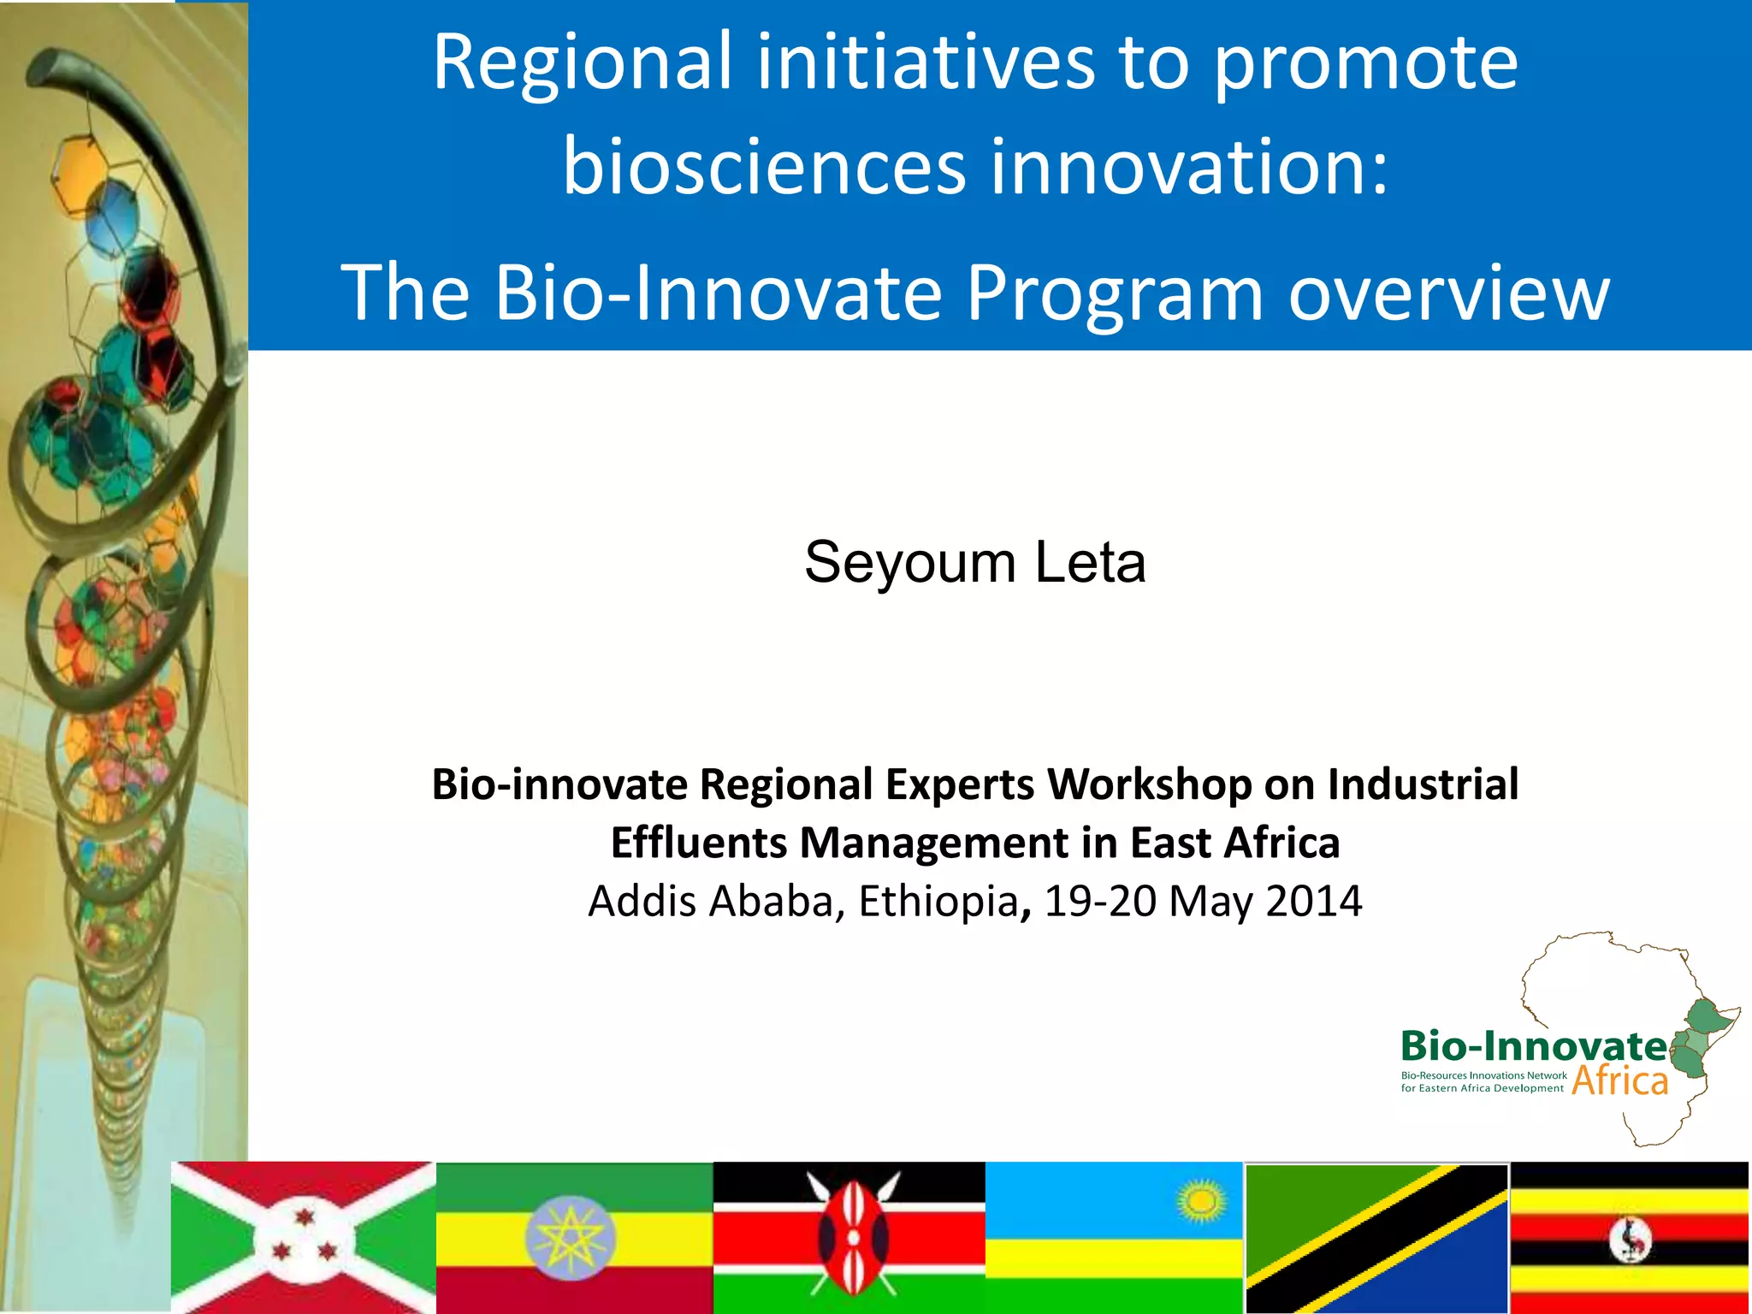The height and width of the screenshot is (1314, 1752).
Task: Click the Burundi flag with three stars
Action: coord(304,1237)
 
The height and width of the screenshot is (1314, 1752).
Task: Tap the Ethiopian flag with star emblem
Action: coord(573,1237)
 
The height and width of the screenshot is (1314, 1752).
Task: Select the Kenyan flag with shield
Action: coord(849,1237)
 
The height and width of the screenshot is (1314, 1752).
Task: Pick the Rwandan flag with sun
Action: coord(1114,1237)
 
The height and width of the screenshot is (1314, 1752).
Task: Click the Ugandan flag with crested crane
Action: coord(1629,1237)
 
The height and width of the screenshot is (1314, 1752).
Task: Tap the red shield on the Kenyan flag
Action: coord(852,1237)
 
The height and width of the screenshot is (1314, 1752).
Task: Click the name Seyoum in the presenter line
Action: coord(909,564)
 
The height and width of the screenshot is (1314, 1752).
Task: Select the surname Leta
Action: coord(1090,564)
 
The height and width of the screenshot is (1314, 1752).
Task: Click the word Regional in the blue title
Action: coord(583,62)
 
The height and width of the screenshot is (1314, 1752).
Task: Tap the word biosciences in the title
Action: coord(764,166)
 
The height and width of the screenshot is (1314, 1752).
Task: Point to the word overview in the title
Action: coord(1448,293)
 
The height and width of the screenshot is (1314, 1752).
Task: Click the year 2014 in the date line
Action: coord(1313,901)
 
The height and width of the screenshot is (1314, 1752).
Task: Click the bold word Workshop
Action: coord(1149,784)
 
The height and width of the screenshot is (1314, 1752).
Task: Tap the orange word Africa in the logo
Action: coord(1619,1080)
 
